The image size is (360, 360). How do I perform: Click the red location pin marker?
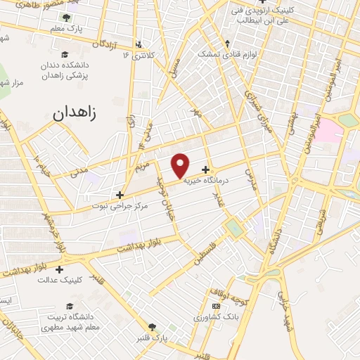coord(181,165)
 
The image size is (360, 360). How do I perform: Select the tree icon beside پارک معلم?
coord(66,18)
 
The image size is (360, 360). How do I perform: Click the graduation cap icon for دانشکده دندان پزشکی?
coord(65,55)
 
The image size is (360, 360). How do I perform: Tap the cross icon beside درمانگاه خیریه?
coord(205,169)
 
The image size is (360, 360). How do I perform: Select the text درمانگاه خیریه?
coord(209,181)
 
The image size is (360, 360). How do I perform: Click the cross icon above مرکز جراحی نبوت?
coord(120,195)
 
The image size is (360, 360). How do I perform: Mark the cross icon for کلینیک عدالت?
coord(59,269)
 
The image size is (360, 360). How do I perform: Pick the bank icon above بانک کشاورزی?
coord(216,306)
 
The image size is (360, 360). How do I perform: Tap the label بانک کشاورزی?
coord(217,317)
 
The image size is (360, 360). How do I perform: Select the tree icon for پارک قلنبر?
coord(152,327)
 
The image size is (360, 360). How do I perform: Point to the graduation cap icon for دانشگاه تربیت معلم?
coord(69,306)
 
